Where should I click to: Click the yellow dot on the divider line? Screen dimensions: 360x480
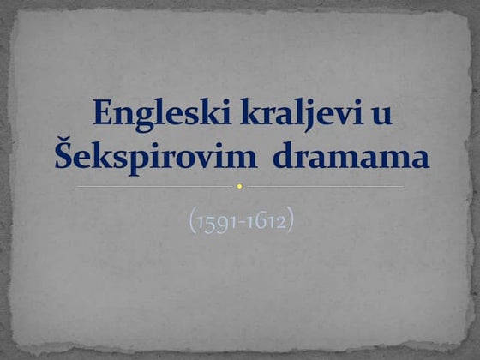tap(240, 186)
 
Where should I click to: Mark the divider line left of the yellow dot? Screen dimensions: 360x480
tap(154, 186)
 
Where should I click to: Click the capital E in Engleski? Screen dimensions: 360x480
tap(101, 114)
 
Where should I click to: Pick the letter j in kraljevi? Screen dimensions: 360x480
tap(298, 117)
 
